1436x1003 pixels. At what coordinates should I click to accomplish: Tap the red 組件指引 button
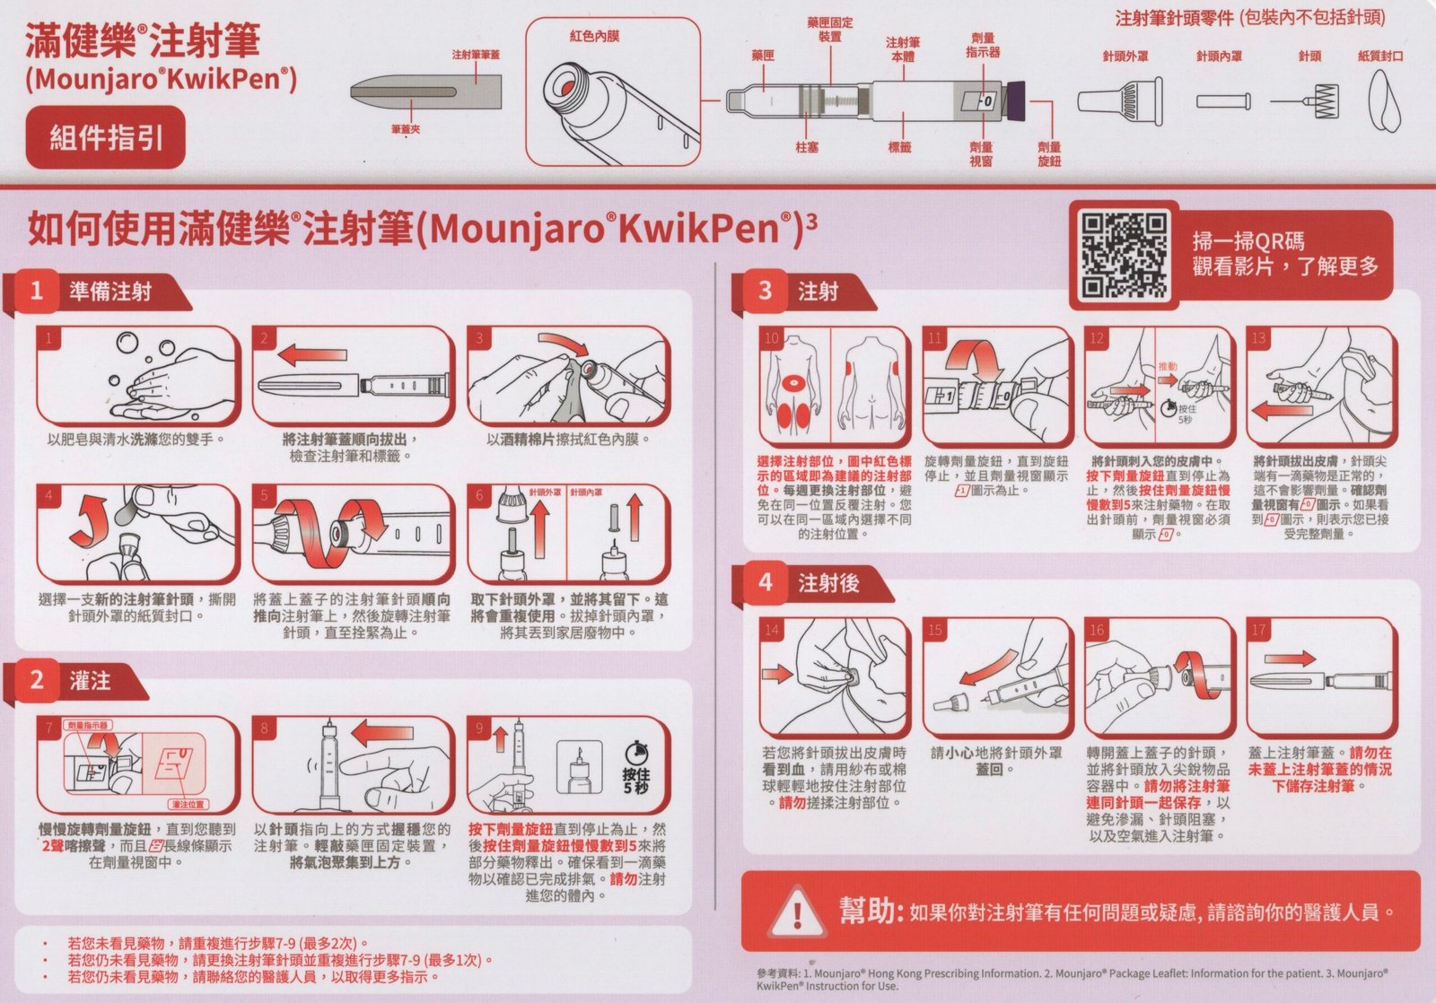106,137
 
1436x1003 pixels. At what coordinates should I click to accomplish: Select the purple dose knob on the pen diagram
1014,100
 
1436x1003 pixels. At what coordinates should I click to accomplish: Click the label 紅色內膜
594,37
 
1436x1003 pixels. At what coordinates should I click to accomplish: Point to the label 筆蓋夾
406,129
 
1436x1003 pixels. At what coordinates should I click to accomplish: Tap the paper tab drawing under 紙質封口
1384,100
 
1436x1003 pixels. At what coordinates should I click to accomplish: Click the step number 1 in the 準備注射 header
37,291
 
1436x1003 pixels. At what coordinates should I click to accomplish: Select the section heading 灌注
90,680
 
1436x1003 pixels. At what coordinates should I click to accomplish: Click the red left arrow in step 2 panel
313,353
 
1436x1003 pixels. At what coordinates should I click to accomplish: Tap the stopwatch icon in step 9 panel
635,752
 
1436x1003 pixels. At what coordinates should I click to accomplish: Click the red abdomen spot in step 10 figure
793,383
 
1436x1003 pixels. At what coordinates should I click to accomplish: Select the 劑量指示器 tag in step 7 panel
88,725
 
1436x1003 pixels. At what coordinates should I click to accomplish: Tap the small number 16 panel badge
1097,630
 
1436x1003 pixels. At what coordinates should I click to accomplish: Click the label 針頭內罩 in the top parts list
1219,57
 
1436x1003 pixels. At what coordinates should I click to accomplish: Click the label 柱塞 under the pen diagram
807,147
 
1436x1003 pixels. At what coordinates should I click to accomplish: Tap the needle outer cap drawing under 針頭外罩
1120,100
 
